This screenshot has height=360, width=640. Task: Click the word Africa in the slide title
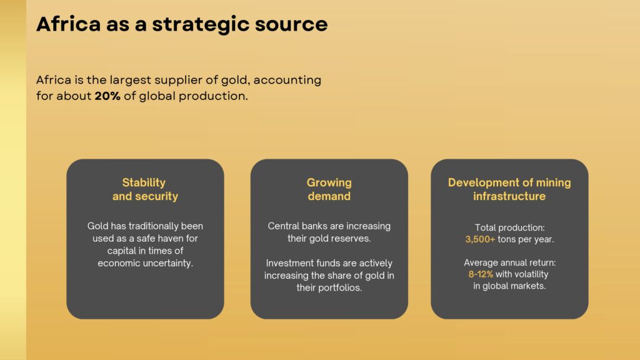(x=69, y=24)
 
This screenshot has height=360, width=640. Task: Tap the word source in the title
(x=291, y=24)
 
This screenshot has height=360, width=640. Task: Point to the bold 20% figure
(x=107, y=96)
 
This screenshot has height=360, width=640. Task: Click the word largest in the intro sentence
(x=130, y=81)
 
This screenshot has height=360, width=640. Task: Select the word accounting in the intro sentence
(x=287, y=81)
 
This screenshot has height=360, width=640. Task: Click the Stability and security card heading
(x=145, y=189)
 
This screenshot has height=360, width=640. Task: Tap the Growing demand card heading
(x=329, y=189)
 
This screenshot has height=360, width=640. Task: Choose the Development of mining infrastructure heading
(x=509, y=189)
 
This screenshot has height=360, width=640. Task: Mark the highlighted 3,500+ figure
(x=480, y=239)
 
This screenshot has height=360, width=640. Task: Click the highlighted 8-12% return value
(x=481, y=274)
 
